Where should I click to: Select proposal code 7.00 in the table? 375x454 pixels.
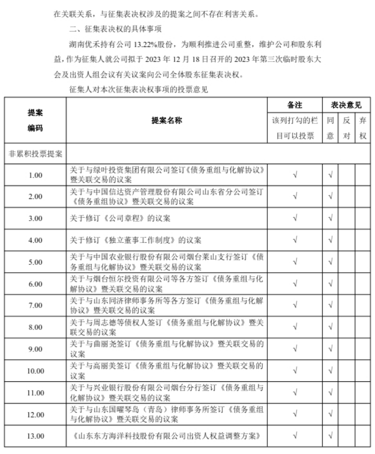[x=35, y=305]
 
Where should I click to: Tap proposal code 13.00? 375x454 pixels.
[x=35, y=436]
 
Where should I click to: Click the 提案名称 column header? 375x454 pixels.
[x=167, y=120]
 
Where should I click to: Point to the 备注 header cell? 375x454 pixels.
[x=295, y=105]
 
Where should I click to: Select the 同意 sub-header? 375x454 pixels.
[x=331, y=128]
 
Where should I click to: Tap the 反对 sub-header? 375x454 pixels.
[x=347, y=128]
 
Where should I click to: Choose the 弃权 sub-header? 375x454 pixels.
[x=363, y=128]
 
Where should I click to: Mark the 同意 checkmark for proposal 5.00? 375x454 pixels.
[x=331, y=261]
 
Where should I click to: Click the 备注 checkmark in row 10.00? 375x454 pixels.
[x=295, y=371]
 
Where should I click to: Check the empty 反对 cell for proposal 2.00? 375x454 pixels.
[x=347, y=196]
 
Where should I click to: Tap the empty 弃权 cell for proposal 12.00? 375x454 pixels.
[x=363, y=414]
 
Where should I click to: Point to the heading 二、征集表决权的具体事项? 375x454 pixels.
[x=117, y=28]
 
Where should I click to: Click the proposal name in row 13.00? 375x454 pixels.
[x=167, y=436]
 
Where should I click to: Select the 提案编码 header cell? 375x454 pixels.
[x=35, y=120]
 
